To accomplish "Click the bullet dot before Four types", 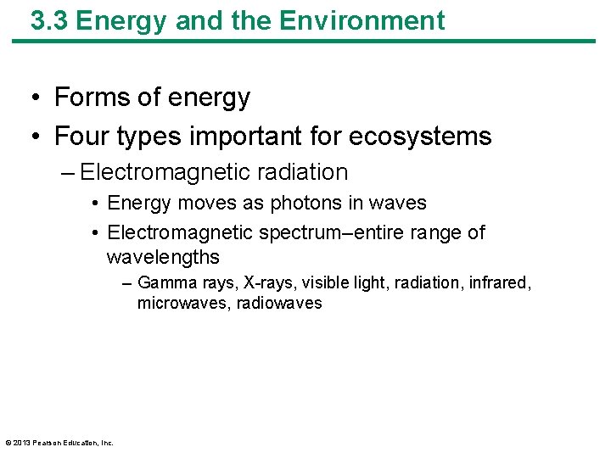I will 38,137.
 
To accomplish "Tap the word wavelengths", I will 163,257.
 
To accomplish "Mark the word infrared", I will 498,282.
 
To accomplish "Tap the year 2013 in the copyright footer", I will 22,442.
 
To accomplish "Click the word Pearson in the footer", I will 47,442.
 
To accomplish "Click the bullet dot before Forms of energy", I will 38,98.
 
